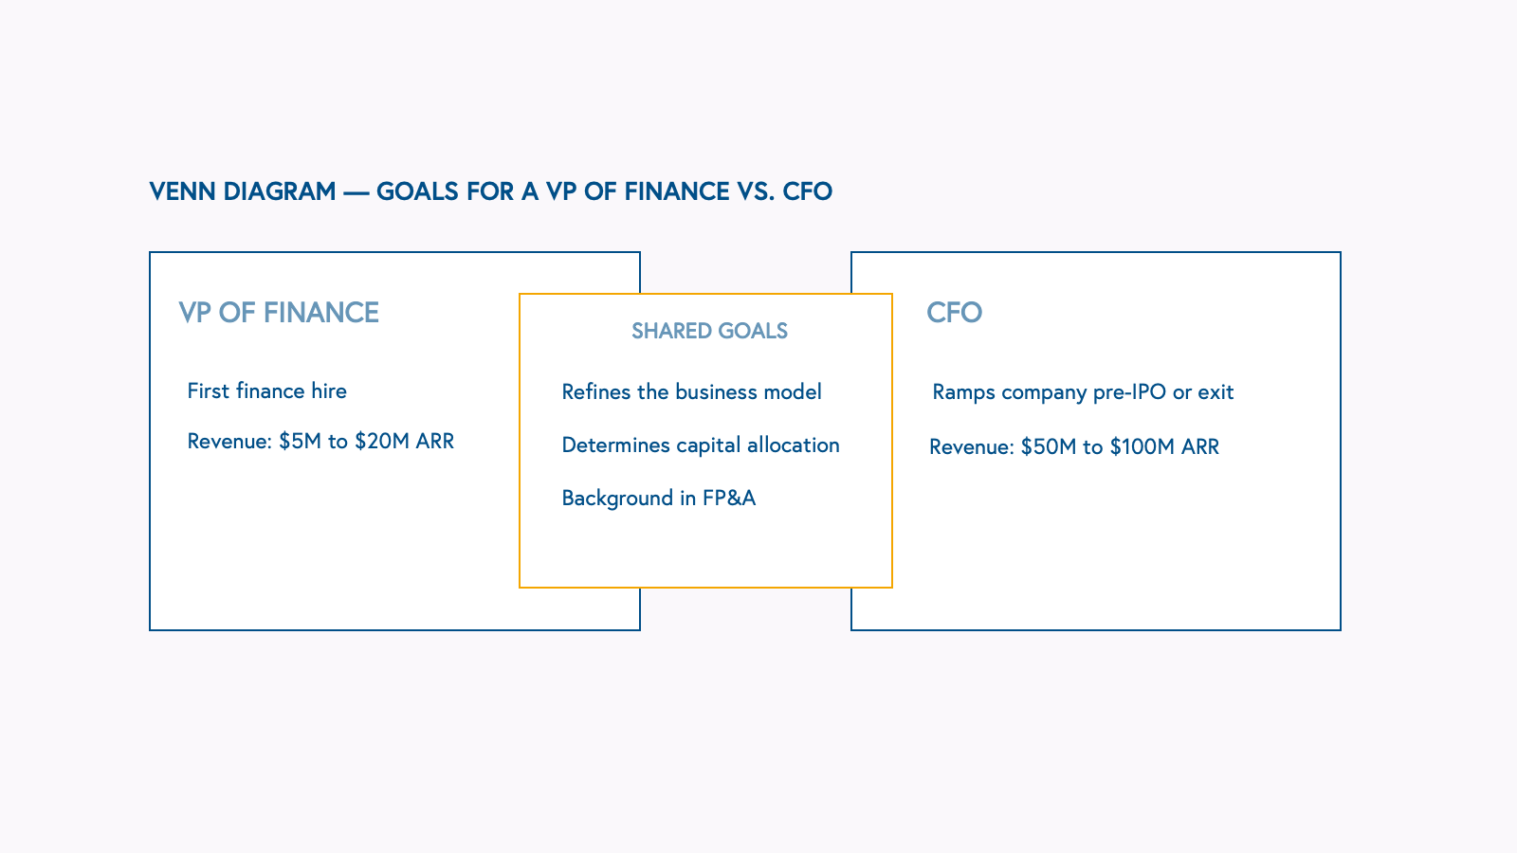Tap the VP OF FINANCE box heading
tap(279, 313)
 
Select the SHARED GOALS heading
tap(709, 331)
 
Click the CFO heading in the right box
tap(954, 313)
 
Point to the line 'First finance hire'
tap(266, 391)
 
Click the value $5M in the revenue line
tap(300, 442)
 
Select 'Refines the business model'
tap(691, 392)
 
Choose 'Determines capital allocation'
tap(701, 445)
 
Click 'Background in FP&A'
tap(658, 499)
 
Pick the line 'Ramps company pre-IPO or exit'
tap(1083, 392)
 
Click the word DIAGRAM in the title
tap(279, 191)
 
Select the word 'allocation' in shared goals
tap(793, 445)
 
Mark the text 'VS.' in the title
tap(756, 191)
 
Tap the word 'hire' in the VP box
tap(328, 391)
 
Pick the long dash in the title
tap(356, 192)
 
